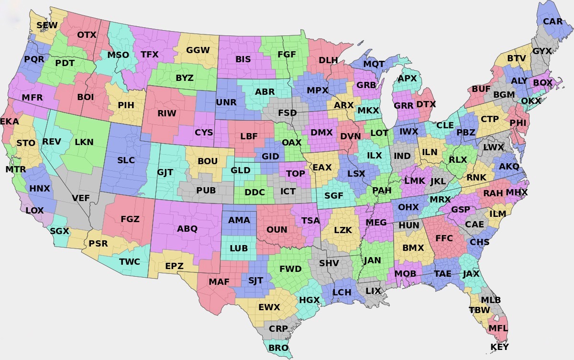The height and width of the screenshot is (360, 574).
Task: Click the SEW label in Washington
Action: (47, 25)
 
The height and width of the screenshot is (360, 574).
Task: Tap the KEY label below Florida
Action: (500, 347)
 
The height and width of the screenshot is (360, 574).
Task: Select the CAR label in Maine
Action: (553, 22)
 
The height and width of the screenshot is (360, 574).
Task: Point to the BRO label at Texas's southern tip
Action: (278, 348)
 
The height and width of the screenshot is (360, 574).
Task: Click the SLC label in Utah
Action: (126, 160)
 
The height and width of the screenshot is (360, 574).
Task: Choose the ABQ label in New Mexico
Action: (187, 228)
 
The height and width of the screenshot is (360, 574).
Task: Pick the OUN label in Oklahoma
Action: (277, 230)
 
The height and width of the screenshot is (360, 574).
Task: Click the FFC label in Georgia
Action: (444, 238)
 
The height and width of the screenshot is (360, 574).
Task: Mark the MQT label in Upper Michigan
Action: (374, 64)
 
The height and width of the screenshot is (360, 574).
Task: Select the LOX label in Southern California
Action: (34, 210)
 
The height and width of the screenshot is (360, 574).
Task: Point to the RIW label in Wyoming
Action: (167, 114)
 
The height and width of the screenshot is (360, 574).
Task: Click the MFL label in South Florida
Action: (498, 329)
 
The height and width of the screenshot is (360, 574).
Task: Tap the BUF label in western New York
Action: (481, 89)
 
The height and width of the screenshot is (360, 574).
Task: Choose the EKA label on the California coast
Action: (10, 122)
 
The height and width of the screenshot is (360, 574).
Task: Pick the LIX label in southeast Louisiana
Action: (373, 291)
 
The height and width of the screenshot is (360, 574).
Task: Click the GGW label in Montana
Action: (198, 50)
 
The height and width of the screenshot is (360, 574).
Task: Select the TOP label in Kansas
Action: (295, 173)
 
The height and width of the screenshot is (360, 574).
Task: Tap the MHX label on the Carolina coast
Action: (517, 192)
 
